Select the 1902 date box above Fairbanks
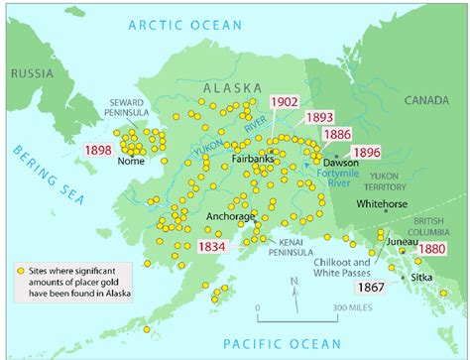[x=287, y=103]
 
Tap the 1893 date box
[x=319, y=117]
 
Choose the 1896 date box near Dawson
[x=368, y=153]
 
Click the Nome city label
[x=131, y=161]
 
